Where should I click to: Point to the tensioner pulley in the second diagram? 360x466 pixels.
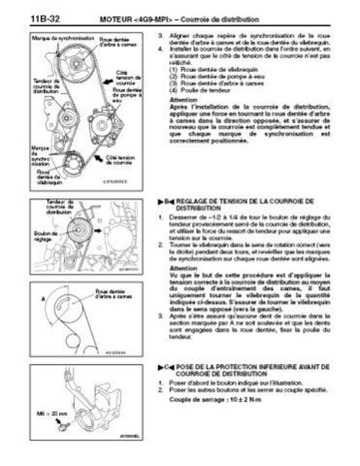coord(78,231)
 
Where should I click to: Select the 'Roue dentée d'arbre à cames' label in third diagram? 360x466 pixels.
coord(121,293)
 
